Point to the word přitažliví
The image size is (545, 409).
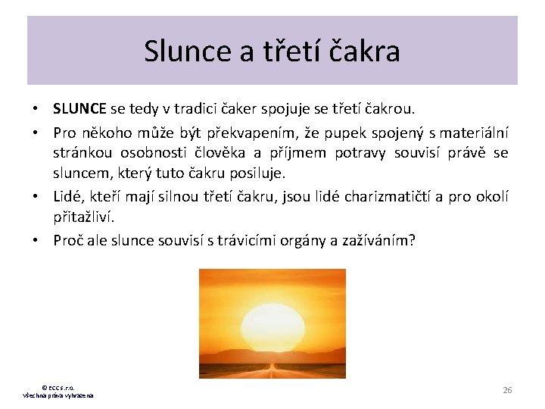click(83, 217)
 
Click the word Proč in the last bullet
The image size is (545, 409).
click(68, 240)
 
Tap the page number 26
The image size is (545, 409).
click(507, 389)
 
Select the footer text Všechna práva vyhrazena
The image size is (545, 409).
click(58, 396)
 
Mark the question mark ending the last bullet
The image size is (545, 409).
click(413, 240)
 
